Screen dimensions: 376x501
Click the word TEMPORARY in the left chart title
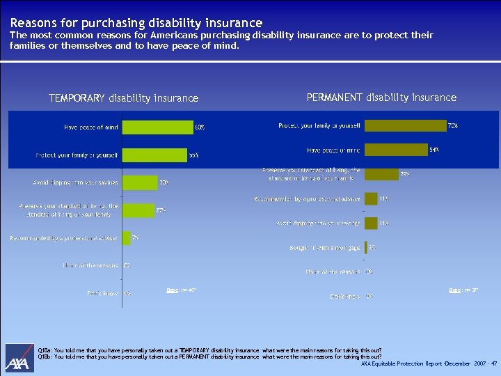77,98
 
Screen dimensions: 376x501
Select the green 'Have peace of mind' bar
157,127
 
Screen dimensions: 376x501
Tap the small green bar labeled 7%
126,237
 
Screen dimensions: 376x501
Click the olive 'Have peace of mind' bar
396,150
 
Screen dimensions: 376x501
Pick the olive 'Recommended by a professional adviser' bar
371,199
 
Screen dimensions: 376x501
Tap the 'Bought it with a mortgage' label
325,248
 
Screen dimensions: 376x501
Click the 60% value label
200,127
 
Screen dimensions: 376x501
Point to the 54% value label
434,150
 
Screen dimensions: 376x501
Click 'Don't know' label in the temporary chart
102,293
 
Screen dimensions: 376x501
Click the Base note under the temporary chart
181,289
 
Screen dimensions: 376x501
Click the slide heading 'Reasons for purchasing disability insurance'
136,23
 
